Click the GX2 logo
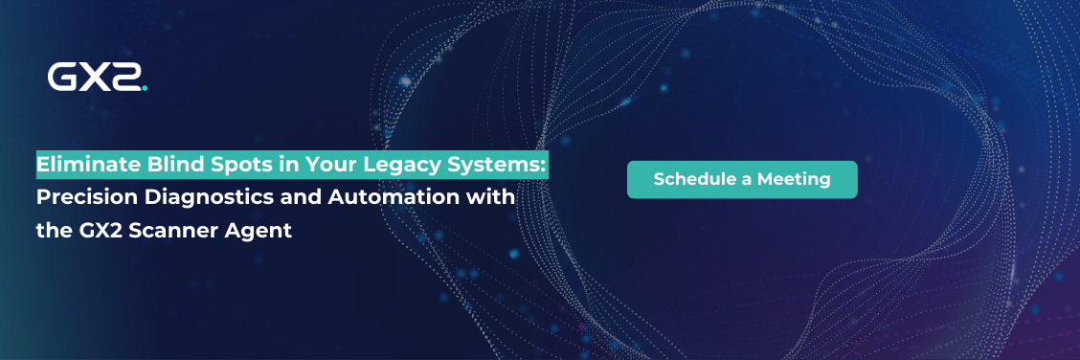(97, 78)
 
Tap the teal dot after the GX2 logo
(144, 87)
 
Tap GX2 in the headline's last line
(122, 231)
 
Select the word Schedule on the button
(695, 179)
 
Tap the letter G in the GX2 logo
(63, 78)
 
